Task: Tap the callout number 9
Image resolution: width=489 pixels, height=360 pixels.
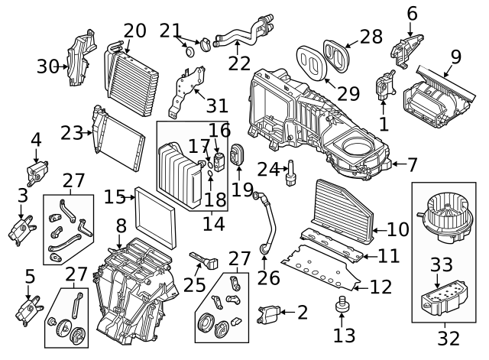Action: (456, 56)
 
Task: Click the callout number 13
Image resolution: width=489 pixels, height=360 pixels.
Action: (345, 334)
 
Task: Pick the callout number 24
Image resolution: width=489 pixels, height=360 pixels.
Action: (267, 167)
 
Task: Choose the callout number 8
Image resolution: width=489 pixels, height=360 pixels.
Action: (120, 227)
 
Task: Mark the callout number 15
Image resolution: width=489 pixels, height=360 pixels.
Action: (115, 197)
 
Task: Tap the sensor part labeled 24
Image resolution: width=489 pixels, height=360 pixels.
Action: (290, 173)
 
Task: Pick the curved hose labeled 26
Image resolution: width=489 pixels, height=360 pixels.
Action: (265, 222)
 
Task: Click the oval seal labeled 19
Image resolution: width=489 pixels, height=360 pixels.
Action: (237, 154)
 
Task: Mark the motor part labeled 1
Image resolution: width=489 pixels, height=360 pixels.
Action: (383, 86)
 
